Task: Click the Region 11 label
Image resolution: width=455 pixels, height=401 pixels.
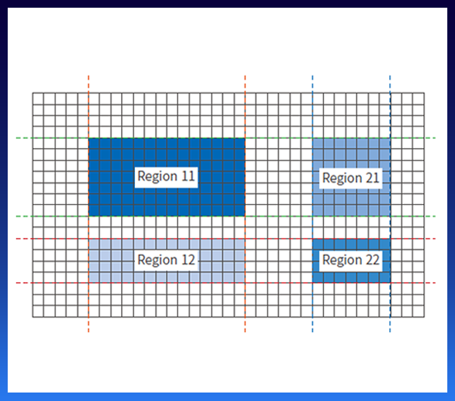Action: [x=167, y=177]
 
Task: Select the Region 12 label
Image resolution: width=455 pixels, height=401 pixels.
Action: [x=167, y=260]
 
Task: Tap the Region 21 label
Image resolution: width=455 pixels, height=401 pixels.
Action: [x=351, y=178]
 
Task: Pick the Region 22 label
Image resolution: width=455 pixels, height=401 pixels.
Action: [x=351, y=261]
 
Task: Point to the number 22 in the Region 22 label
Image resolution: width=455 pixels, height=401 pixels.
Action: [x=372, y=260]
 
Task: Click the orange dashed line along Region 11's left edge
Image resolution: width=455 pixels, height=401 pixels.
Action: [x=89, y=204]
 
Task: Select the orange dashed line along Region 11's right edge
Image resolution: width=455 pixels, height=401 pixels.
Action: [x=245, y=204]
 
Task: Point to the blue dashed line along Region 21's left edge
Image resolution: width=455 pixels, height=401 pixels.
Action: [x=312, y=204]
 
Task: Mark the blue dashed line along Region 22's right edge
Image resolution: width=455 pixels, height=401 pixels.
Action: [x=390, y=204]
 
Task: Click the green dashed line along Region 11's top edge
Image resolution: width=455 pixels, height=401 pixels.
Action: [x=226, y=138]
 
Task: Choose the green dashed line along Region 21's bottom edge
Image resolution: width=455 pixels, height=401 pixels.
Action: [x=226, y=216]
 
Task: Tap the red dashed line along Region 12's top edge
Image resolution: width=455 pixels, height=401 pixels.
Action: [x=226, y=238]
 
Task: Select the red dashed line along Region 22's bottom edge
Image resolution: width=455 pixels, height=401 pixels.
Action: [x=226, y=282]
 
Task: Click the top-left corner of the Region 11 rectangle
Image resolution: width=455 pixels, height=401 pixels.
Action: [x=89, y=138]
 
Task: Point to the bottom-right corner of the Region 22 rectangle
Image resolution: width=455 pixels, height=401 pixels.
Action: [x=390, y=282]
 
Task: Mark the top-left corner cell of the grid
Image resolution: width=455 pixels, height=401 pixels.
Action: [x=38, y=99]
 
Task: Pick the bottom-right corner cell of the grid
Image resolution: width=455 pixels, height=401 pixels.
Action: [x=419, y=312]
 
